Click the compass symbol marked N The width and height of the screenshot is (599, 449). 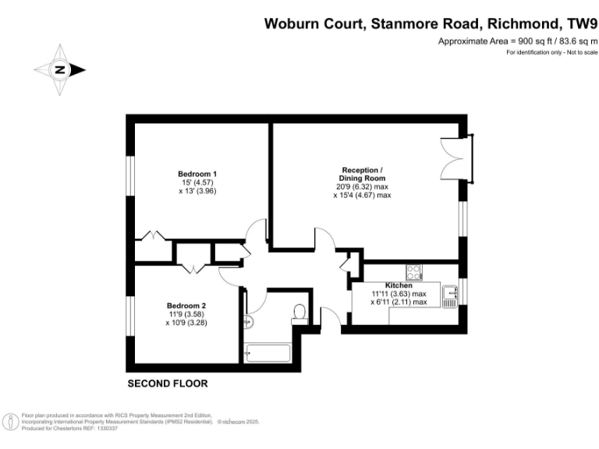tap(59, 69)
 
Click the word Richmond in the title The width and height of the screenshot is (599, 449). tap(519, 23)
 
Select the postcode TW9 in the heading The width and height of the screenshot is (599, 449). tap(579, 23)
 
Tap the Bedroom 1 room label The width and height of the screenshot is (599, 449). tap(197, 173)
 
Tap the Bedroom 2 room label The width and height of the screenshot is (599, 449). tap(186, 306)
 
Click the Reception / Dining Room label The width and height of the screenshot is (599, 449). tap(362, 174)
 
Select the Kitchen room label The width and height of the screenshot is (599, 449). tap(399, 286)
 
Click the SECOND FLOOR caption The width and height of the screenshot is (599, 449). tap(167, 384)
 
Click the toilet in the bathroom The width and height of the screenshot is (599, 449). tap(298, 314)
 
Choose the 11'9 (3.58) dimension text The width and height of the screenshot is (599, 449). tap(186, 315)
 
